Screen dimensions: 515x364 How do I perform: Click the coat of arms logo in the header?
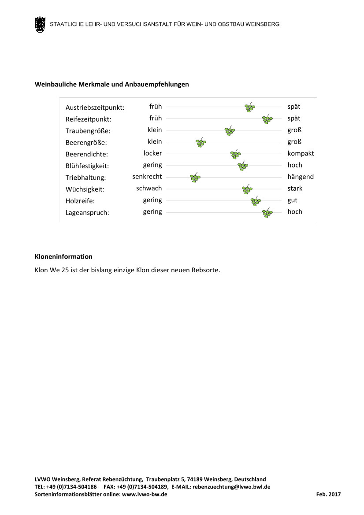(x=40, y=25)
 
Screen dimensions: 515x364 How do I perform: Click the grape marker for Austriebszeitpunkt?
(x=250, y=107)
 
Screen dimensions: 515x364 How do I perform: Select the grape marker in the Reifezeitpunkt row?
(x=267, y=119)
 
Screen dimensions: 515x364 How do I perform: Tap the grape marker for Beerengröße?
(x=201, y=142)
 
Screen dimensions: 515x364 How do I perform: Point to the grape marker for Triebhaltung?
(x=195, y=178)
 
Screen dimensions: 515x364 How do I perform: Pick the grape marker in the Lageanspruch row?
(x=267, y=213)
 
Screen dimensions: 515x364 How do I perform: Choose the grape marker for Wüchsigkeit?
(x=247, y=189)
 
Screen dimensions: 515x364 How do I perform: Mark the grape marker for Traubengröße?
(x=230, y=131)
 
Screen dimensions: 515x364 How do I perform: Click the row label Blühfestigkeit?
(x=87, y=166)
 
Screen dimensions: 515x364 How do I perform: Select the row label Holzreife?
(x=80, y=201)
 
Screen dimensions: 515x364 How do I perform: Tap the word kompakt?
(x=301, y=153)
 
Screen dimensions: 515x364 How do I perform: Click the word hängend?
(x=301, y=177)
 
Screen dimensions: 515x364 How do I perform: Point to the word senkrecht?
(x=147, y=177)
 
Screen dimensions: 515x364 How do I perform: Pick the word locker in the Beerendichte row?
(x=152, y=153)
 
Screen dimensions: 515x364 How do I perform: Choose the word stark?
(x=295, y=189)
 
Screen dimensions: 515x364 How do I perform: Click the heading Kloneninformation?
(x=63, y=256)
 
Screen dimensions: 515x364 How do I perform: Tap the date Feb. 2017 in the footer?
(x=328, y=495)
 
